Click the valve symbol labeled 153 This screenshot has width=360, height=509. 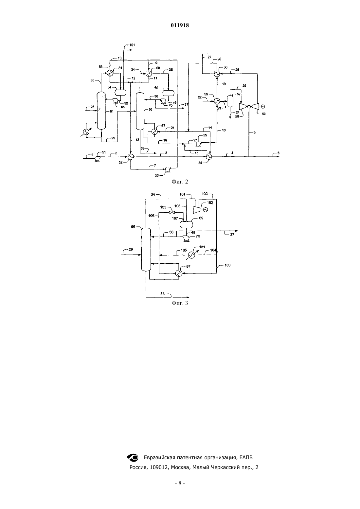click(x=172, y=212)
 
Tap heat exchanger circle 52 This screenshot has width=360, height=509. click(x=131, y=157)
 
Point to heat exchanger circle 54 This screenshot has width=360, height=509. click(x=209, y=157)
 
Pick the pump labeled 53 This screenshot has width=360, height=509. click(x=168, y=169)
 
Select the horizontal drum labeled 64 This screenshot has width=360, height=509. click(x=120, y=92)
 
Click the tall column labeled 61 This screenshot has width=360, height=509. click(x=101, y=111)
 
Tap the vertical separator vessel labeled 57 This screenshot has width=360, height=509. click(x=230, y=101)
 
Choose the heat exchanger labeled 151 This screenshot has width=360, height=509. click(x=192, y=255)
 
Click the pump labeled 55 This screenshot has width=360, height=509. click(x=198, y=144)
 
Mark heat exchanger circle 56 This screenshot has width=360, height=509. click(x=217, y=101)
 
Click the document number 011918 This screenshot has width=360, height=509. click(x=180, y=25)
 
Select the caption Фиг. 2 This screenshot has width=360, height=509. click(x=180, y=182)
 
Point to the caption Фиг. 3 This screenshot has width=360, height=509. click(x=180, y=303)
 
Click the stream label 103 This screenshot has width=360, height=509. click(x=227, y=265)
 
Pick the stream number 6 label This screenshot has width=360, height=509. click(x=279, y=153)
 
